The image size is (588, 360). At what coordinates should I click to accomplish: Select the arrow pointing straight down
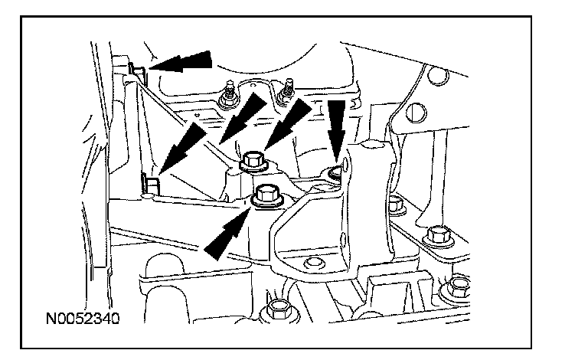point(336,123)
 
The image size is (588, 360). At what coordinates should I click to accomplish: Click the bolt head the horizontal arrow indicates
point(139,70)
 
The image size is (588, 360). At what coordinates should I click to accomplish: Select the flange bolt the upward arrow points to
point(266,196)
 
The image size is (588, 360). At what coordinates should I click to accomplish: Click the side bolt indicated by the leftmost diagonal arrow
point(150,184)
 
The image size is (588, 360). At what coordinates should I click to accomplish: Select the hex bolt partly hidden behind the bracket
point(395,205)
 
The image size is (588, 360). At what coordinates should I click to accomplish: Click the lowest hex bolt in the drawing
point(278,309)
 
